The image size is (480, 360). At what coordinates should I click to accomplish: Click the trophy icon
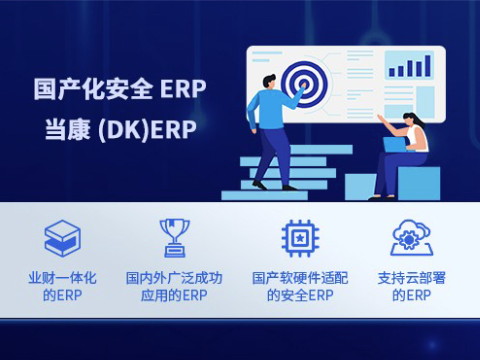(174, 238)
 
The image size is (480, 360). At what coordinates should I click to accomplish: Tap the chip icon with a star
(298, 238)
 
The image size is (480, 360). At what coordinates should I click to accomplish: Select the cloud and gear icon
(411, 238)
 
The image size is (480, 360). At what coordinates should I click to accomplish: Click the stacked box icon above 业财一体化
(62, 238)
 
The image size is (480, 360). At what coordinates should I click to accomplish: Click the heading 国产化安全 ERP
(119, 89)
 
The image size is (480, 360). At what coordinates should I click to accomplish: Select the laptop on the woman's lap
(393, 145)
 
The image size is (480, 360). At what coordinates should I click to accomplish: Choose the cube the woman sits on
(417, 182)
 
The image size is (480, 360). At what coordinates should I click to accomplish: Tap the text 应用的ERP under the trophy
(174, 296)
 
